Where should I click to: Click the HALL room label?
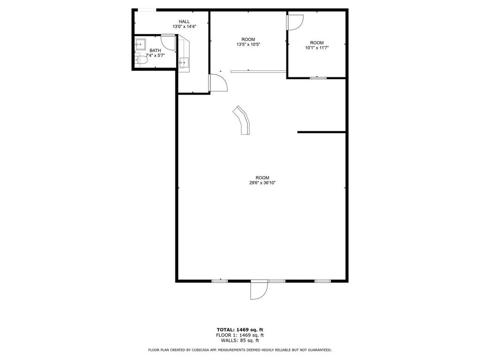[184, 22]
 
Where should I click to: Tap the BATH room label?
[155, 50]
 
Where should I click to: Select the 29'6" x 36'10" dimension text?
[262, 183]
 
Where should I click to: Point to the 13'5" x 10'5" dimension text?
[248, 45]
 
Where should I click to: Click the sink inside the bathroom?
[140, 45]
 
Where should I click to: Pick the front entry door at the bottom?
[258, 290]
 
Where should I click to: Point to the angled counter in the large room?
[242, 120]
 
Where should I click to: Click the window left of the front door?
[219, 281]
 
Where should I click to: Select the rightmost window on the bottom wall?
[322, 281]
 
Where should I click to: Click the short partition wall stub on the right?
[322, 132]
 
